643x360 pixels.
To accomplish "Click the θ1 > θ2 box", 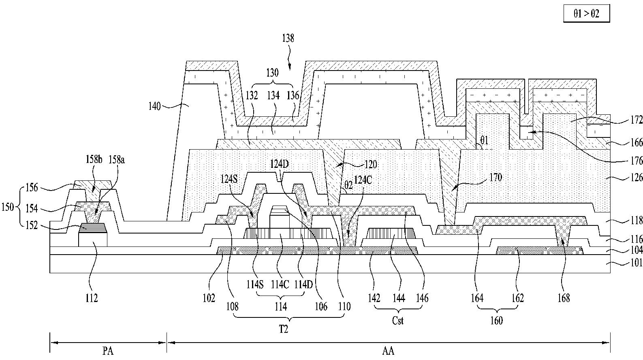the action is coord(586,13).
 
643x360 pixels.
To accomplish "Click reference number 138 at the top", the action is coord(288,38).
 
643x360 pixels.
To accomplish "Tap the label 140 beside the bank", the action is coord(154,106).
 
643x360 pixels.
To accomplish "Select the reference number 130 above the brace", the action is coord(272,73).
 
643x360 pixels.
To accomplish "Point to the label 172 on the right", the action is coord(637,120).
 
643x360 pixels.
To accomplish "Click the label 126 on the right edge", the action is coord(637,178).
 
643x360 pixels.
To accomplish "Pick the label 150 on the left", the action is coord(7,207).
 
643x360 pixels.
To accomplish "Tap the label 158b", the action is coord(94,160).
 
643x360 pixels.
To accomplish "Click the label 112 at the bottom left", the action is coord(92,298).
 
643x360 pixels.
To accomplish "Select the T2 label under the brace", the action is coord(283,329).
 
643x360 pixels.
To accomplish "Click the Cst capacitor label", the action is coord(397,320).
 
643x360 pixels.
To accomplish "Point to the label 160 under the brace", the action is coord(496,320).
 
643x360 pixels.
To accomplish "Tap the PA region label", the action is coord(108,351).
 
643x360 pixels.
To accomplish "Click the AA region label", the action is coord(388,351).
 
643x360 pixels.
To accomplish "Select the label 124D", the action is coord(279,164).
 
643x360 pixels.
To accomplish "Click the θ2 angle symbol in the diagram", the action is coord(348,185).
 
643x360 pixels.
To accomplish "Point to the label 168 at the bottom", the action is coord(564,298).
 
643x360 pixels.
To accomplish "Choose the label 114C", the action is coord(280,285).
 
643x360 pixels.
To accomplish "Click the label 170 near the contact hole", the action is coord(496,177).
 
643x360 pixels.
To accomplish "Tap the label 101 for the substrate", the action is coord(637,263).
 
